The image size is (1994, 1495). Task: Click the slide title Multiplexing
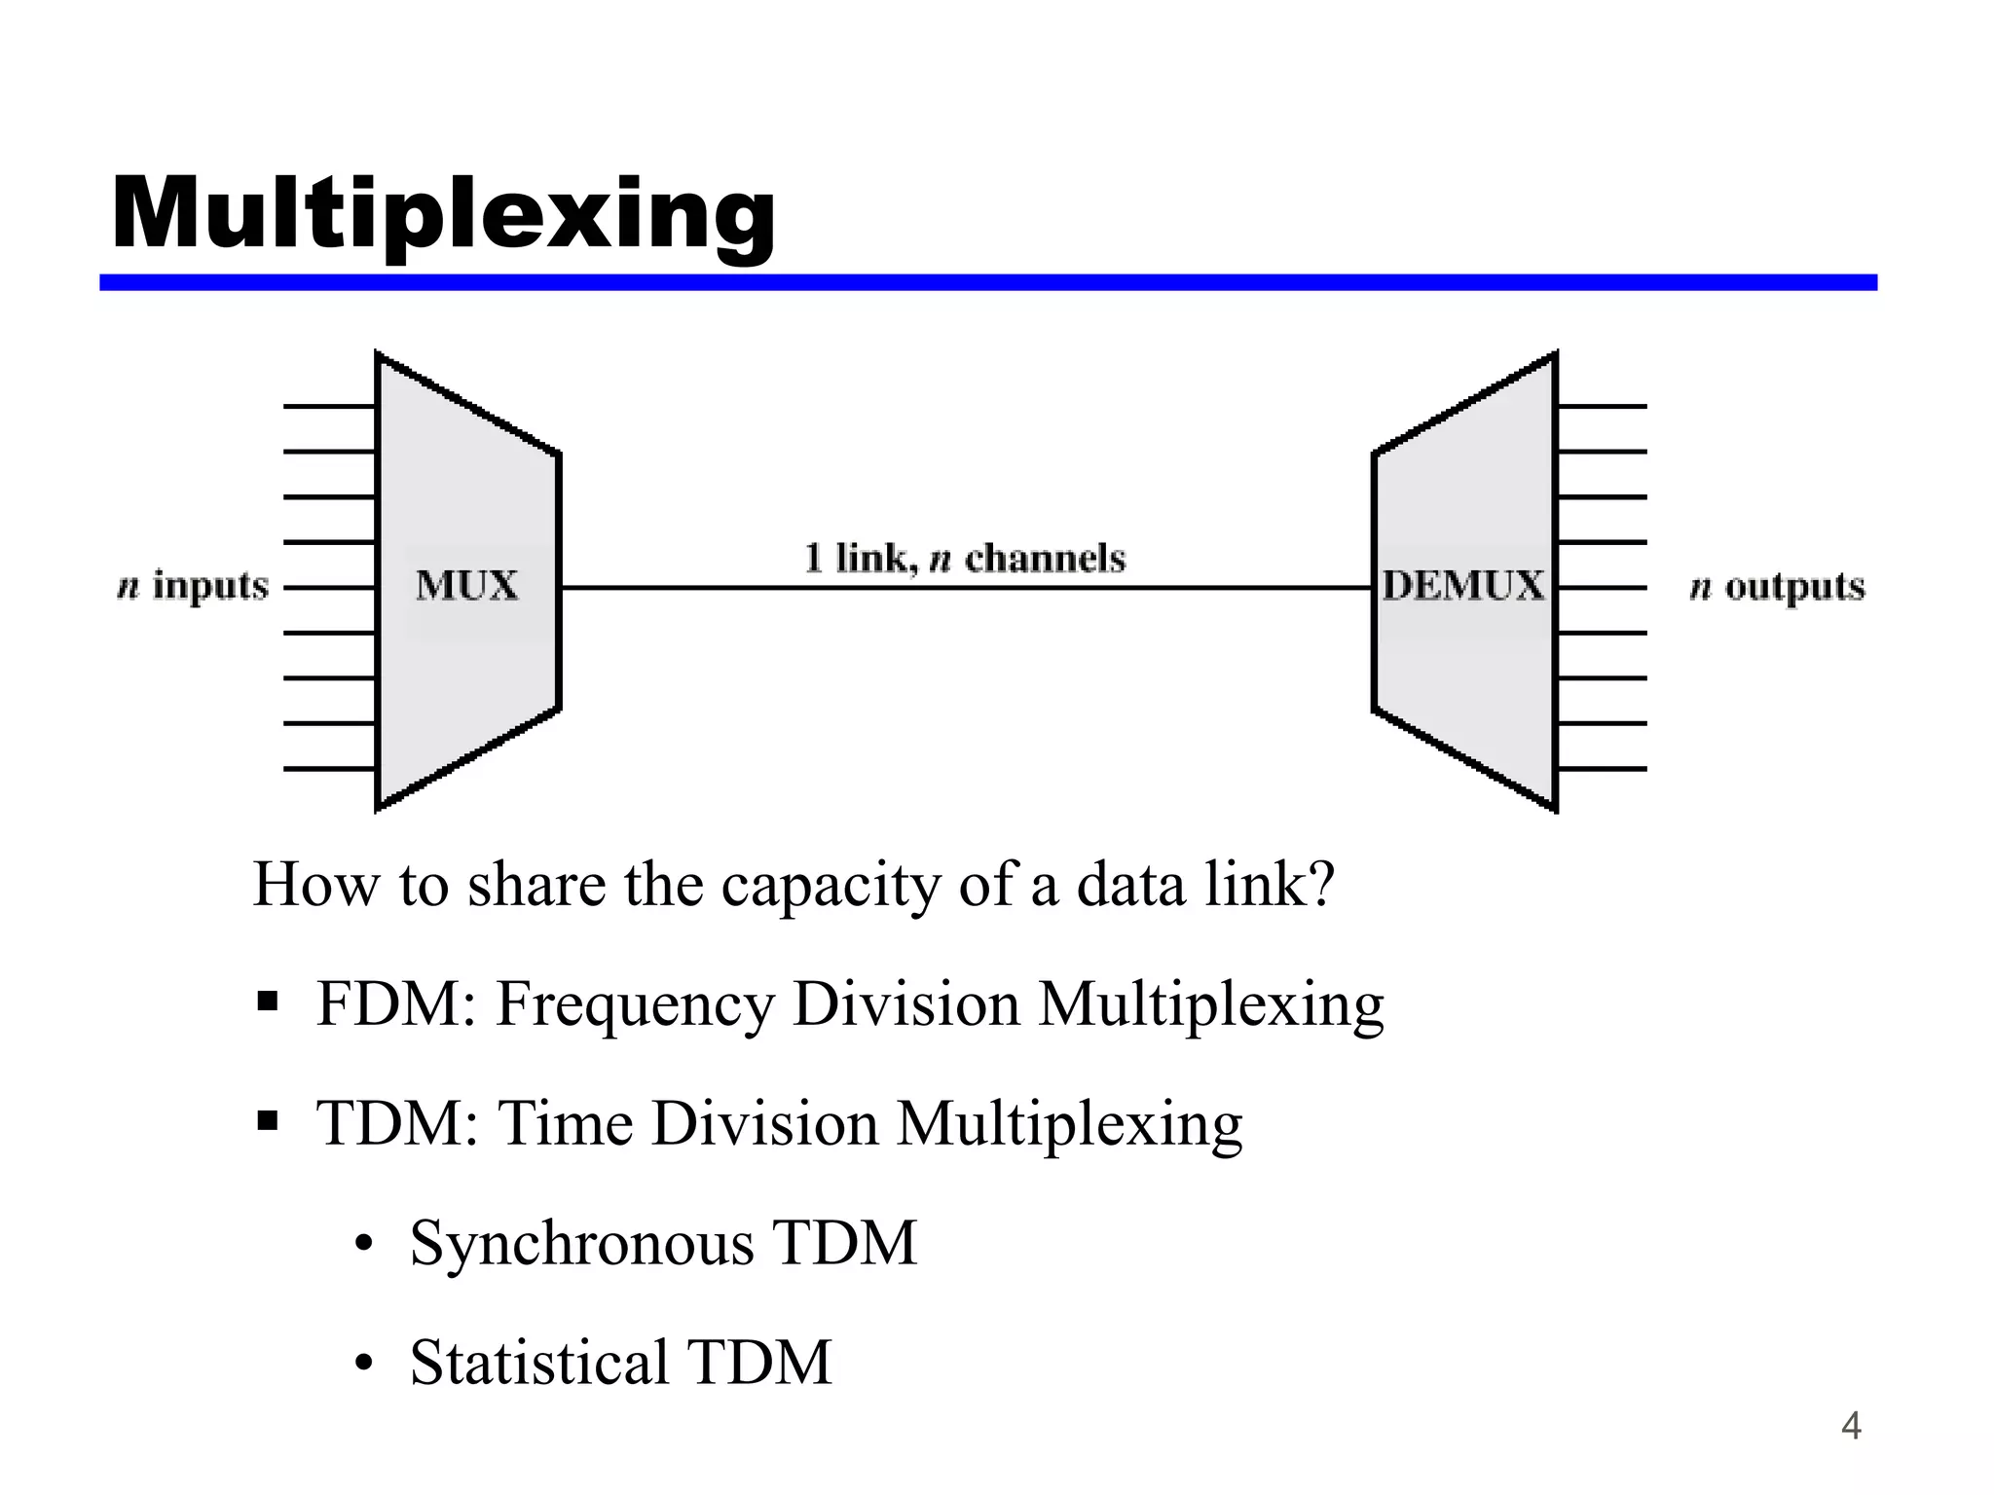tap(444, 215)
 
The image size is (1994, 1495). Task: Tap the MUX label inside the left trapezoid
tap(467, 586)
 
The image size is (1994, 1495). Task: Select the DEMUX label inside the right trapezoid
tap(1463, 586)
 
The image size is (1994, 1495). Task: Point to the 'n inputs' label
tap(193, 587)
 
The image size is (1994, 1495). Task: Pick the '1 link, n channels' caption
tap(965, 559)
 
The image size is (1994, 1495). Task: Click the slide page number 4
tap(1851, 1426)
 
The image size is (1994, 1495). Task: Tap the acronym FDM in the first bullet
tap(388, 1003)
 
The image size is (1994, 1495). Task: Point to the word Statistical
tap(539, 1362)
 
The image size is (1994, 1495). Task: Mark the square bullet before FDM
tap(268, 1003)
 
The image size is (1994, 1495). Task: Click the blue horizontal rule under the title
tap(987, 282)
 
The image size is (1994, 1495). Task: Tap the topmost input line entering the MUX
tap(329, 406)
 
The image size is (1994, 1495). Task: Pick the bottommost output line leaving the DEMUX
tap(1602, 769)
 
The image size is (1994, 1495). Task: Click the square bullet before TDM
tap(268, 1122)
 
